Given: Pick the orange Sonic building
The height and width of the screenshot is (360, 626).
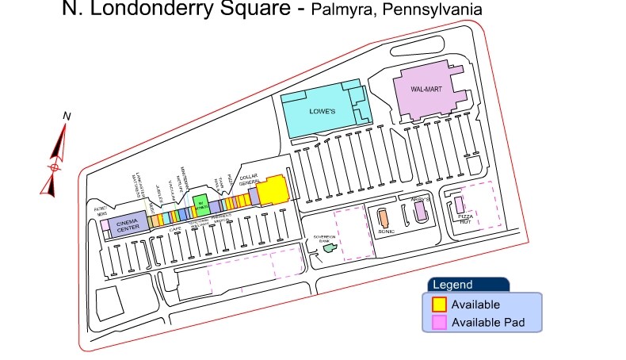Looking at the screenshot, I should [384, 217].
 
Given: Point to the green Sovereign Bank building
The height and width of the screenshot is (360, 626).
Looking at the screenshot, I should [330, 248].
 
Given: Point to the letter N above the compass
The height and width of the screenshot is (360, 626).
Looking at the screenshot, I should [67, 116].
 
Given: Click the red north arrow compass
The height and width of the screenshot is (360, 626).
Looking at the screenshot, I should [53, 159].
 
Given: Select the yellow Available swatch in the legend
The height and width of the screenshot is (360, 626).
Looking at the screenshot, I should [438, 304].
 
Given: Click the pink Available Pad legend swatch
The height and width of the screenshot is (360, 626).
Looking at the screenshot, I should [438, 322].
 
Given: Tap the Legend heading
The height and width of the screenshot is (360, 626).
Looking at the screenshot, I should [452, 285].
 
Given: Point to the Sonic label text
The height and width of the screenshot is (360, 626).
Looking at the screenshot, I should [387, 232].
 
